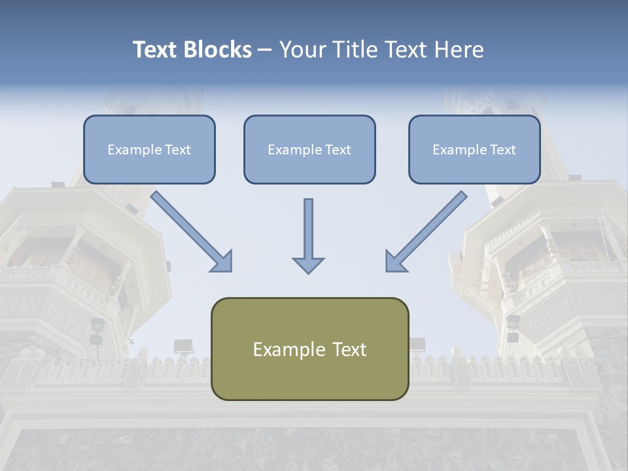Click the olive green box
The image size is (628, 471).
click(x=309, y=376)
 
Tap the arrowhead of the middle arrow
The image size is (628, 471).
click(x=308, y=264)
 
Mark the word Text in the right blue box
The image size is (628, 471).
click(x=502, y=150)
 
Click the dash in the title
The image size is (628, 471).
click(x=265, y=50)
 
